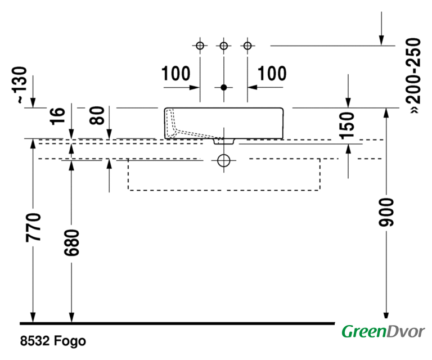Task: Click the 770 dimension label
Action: [33, 227]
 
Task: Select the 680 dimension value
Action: [71, 242]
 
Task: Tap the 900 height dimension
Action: [386, 213]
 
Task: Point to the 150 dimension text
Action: [346, 125]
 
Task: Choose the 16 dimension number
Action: [58, 116]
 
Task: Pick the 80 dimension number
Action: [97, 116]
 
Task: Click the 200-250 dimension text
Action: [413, 76]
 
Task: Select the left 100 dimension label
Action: [175, 74]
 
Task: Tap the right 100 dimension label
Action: [272, 74]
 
